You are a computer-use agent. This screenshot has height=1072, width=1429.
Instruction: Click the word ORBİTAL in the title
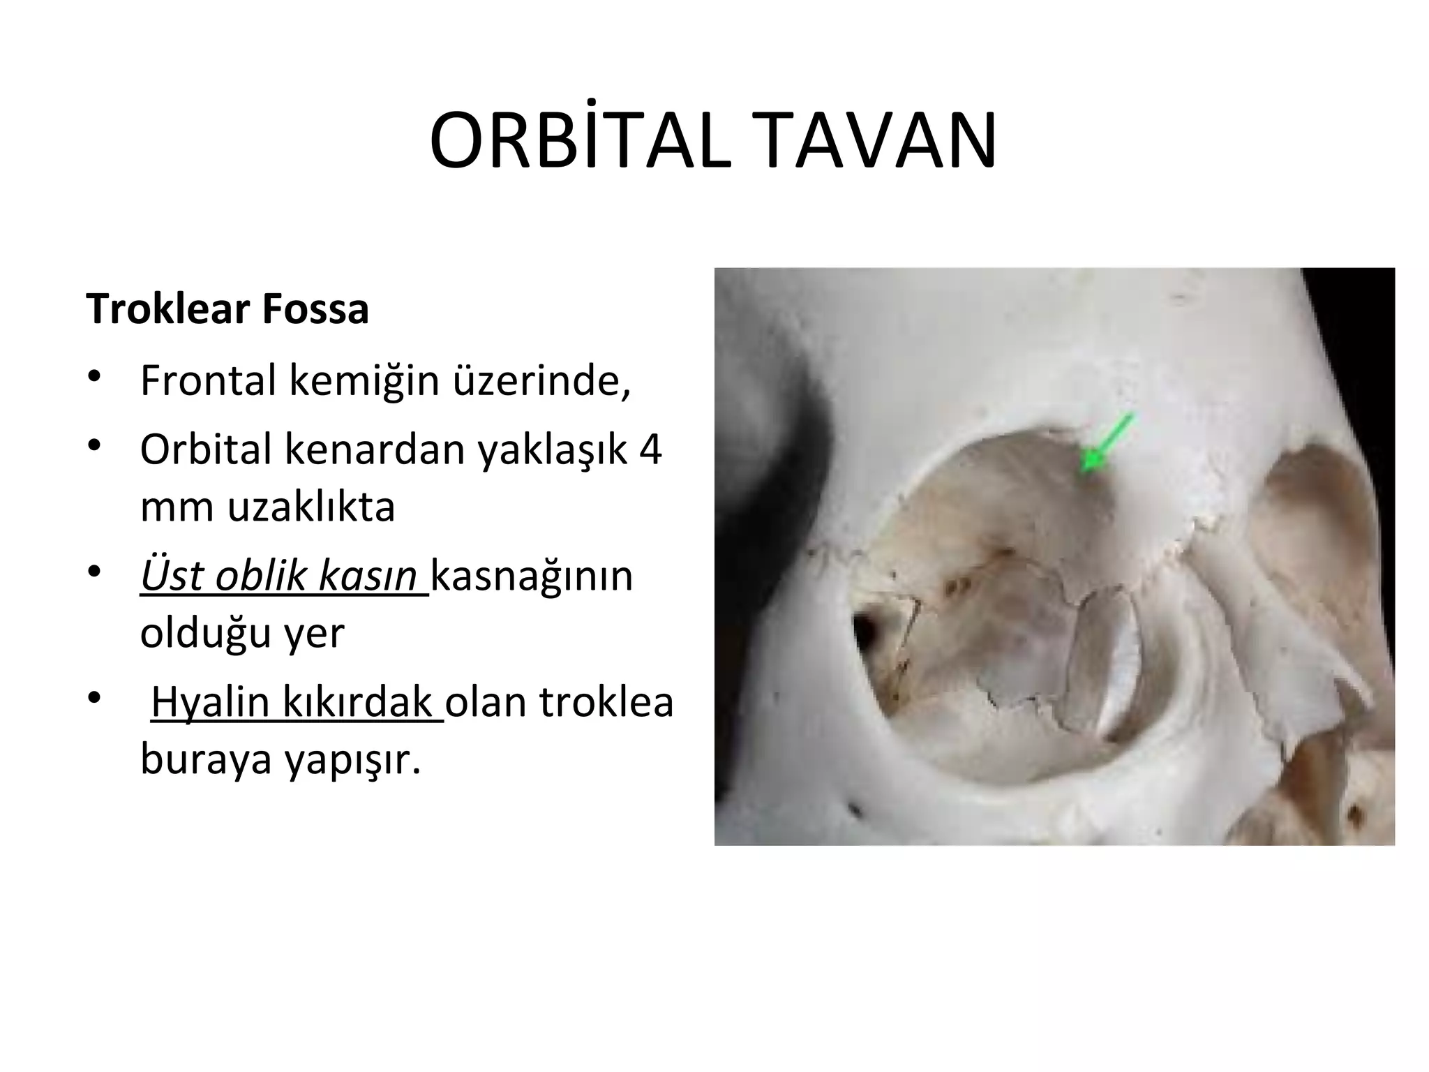[580, 142]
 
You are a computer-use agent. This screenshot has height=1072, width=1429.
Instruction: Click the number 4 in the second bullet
[650, 449]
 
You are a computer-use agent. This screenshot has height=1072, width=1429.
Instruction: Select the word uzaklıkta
[311, 507]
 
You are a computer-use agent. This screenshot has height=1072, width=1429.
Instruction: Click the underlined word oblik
[261, 576]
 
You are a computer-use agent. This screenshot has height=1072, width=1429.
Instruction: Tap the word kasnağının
[532, 576]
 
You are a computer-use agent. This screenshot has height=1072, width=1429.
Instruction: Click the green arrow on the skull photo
[1105, 442]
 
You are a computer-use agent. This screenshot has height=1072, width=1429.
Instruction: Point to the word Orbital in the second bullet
[205, 449]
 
